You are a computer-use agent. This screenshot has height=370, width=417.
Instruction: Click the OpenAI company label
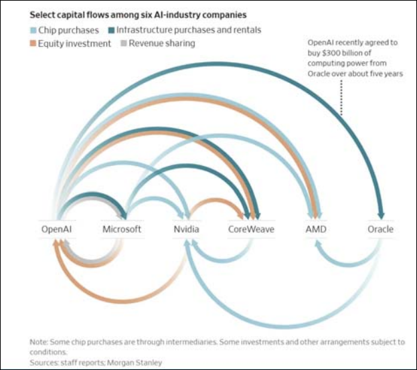pyautogui.click(x=56, y=229)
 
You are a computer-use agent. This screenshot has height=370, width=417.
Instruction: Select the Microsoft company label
pyautogui.click(x=122, y=229)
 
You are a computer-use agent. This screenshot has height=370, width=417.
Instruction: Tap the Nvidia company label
pyautogui.click(x=187, y=229)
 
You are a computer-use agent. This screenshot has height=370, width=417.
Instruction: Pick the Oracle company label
pyautogui.click(x=380, y=229)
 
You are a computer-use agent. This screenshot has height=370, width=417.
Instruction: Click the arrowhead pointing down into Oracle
pyautogui.click(x=381, y=214)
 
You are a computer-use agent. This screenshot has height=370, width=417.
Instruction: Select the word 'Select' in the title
pyautogui.click(x=42, y=13)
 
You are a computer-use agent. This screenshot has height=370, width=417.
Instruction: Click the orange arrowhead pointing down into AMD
pyautogui.click(x=311, y=214)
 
